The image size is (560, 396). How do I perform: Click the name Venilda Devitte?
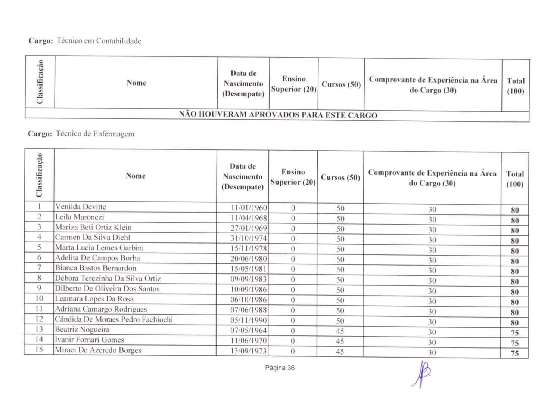click(81, 207)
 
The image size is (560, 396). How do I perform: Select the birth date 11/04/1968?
click(249, 218)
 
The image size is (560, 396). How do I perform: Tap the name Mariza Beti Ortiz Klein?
click(93, 227)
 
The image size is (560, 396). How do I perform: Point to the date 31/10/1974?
click(249, 238)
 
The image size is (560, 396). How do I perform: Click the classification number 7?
click(39, 267)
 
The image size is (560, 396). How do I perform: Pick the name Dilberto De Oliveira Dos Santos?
click(107, 288)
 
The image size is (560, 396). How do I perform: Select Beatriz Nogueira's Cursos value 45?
click(340, 331)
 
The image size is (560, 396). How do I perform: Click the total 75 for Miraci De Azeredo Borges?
click(515, 353)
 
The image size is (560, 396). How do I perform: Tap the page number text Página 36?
click(280, 368)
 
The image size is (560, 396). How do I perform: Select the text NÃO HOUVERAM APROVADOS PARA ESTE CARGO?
click(278, 115)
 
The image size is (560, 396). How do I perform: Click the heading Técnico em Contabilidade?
click(99, 41)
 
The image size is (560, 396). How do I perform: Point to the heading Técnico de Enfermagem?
click(95, 134)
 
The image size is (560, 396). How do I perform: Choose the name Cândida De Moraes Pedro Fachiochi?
click(114, 319)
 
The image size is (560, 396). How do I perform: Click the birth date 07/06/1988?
click(249, 310)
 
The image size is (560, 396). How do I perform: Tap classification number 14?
click(39, 339)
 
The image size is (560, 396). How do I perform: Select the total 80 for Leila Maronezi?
click(515, 220)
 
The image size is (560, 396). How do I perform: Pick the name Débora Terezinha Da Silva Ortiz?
click(108, 278)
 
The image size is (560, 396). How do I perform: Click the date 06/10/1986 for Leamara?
click(249, 300)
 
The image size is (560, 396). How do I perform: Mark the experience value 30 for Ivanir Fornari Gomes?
click(432, 342)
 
